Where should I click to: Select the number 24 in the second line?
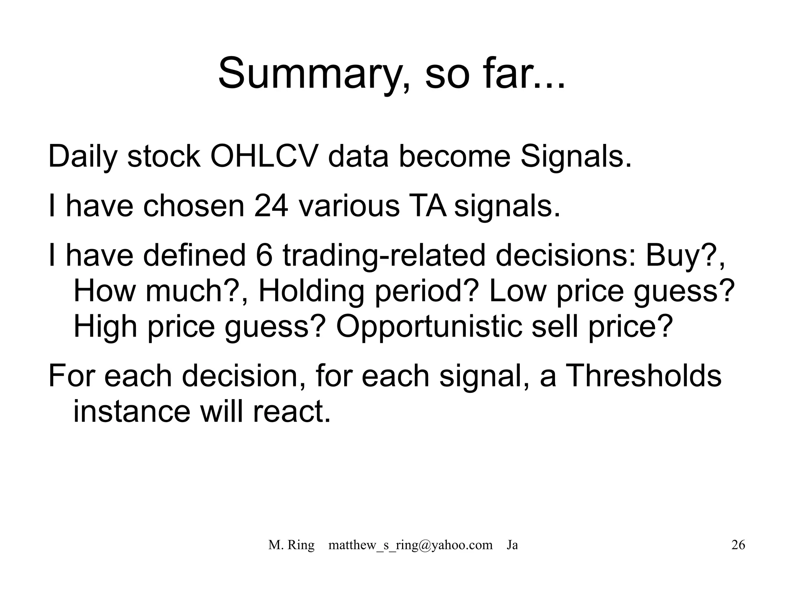point(271,206)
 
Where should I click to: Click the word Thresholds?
point(644,376)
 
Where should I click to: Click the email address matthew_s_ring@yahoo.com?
point(411,545)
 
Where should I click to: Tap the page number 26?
point(738,545)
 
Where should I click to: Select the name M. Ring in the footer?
point(291,545)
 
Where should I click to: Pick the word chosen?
point(194,206)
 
